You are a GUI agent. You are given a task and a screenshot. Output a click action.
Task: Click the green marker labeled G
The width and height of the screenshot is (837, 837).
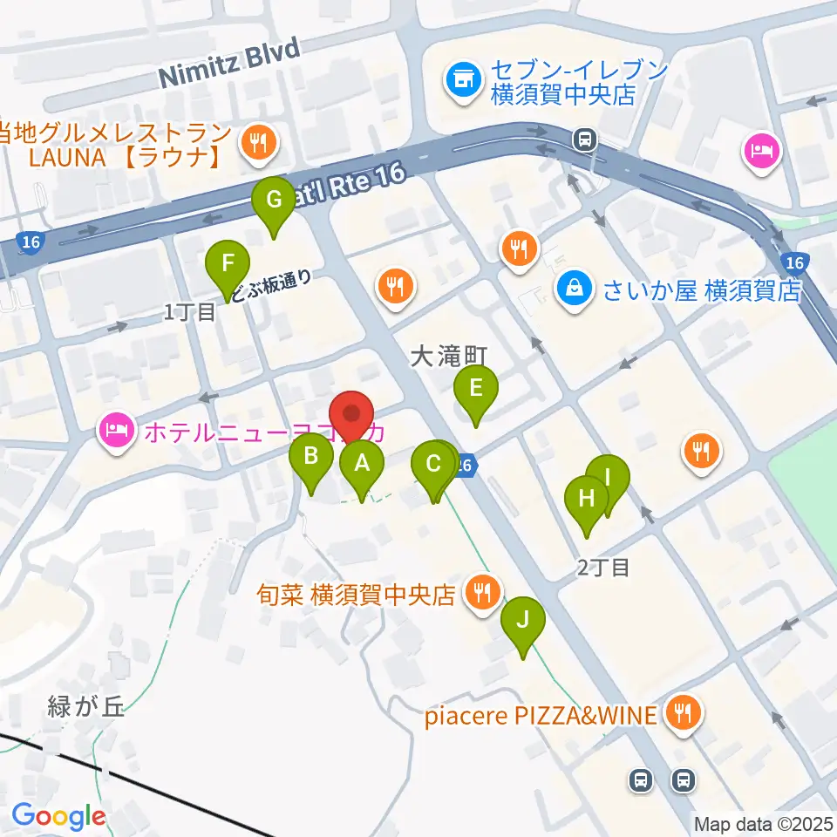point(274,200)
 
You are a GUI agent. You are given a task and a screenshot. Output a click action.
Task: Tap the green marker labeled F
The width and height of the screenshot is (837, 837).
point(228,262)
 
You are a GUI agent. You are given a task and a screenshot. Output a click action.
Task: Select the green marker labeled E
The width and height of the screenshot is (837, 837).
point(475,387)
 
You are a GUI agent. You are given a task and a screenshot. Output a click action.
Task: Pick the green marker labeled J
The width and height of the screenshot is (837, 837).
point(523,620)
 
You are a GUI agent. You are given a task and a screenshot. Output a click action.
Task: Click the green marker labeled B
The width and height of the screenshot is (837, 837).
point(311,455)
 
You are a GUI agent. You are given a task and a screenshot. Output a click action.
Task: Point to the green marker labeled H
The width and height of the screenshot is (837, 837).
point(587,498)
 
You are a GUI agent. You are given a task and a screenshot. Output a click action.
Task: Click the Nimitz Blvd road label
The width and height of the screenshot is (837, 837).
point(228,63)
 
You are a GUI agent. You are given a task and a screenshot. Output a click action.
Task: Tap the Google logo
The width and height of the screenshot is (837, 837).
point(58,816)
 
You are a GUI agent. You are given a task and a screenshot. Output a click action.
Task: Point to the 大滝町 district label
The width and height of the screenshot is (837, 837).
point(447,356)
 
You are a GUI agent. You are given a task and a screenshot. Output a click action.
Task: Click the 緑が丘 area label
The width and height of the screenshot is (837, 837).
point(86,706)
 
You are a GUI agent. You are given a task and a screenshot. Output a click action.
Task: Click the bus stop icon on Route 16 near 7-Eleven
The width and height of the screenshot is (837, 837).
point(585,138)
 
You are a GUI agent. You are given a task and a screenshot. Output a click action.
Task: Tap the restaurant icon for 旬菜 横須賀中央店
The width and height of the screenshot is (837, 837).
point(480,594)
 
